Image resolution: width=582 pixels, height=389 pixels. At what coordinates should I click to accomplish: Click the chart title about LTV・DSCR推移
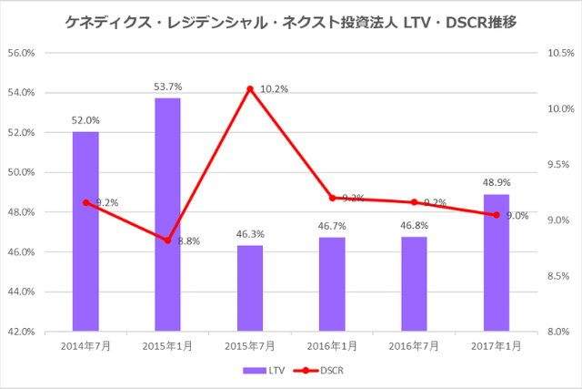coord(291,20)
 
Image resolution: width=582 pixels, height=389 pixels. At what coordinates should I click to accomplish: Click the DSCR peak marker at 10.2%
coord(250,88)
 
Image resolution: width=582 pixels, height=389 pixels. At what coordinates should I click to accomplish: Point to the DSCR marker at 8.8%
coord(167,241)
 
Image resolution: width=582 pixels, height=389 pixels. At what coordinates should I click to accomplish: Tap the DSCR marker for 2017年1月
coord(497,215)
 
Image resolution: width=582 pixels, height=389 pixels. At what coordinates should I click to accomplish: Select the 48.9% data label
coord(497,183)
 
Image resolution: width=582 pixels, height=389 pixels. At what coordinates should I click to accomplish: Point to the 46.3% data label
coord(250,234)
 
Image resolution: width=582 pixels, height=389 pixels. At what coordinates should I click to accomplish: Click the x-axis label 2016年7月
coord(414,347)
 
